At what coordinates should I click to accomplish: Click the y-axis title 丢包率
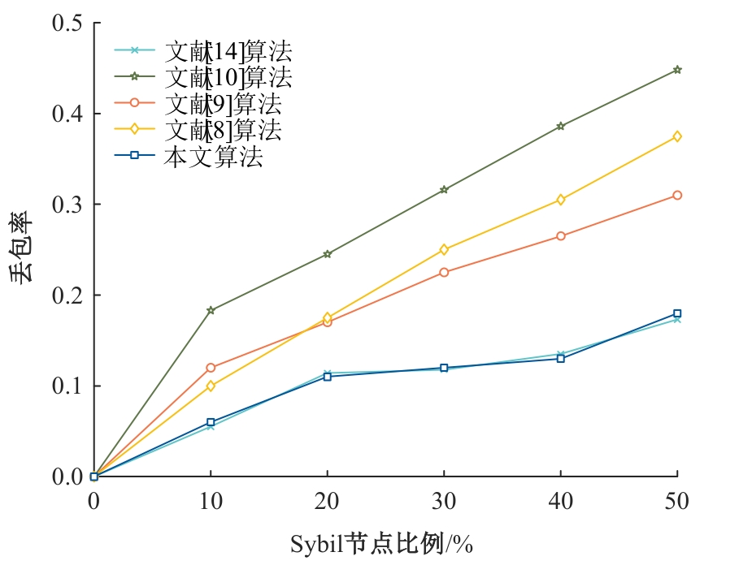click(x=23, y=248)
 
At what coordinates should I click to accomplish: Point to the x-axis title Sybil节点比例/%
click(x=381, y=543)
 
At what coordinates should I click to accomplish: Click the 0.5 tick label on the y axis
click(x=67, y=23)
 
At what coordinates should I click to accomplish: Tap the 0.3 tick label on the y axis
click(x=67, y=204)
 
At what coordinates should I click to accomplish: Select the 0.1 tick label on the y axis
click(x=67, y=386)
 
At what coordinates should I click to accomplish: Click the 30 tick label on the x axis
click(x=444, y=502)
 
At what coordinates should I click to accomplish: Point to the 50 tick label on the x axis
click(x=676, y=502)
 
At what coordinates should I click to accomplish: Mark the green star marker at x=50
click(x=677, y=70)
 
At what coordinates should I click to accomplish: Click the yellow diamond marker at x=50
click(x=677, y=136)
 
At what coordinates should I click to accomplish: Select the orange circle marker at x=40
click(x=561, y=236)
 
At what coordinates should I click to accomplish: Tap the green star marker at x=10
click(x=211, y=310)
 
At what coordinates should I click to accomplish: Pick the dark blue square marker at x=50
click(x=677, y=313)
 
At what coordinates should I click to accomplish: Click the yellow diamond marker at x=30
click(x=444, y=249)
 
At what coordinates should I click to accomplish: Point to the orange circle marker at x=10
click(x=211, y=368)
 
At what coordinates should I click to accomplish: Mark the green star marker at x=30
click(x=444, y=189)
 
